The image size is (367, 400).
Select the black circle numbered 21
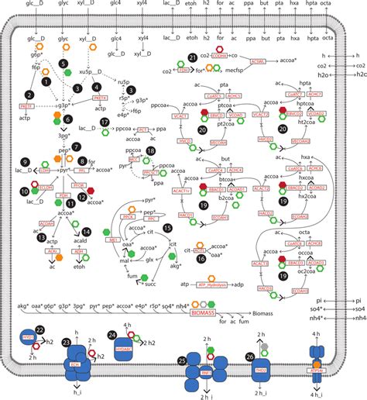193,59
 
